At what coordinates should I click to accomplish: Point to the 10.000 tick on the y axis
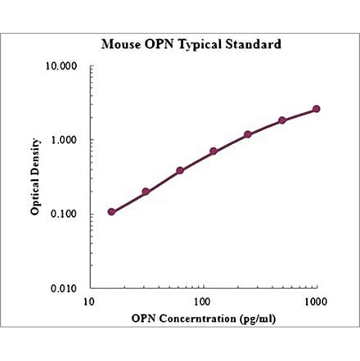coord(61,66)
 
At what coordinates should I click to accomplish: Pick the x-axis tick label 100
coord(202,303)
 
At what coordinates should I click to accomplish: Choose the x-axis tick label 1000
coord(316,303)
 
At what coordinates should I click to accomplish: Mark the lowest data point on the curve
coord(111,212)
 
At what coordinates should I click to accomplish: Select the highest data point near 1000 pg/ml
coord(317,109)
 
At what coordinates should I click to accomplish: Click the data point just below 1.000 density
coord(214,151)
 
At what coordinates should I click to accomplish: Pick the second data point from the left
coord(146,192)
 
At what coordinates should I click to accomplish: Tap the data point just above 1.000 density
coord(248,134)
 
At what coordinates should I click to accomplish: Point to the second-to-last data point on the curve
coord(282,120)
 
